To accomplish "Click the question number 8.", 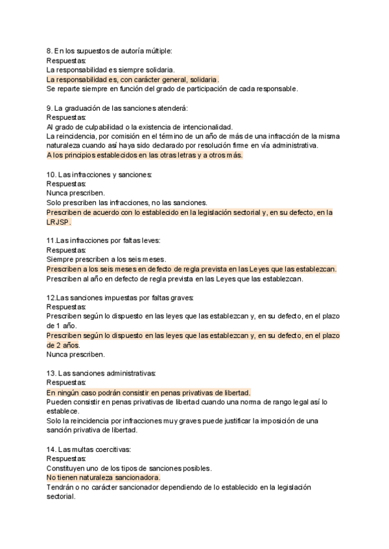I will (49, 50).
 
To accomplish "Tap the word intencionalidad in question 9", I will (202, 127).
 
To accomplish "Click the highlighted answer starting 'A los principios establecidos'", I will (145, 155).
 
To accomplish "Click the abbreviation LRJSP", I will (59, 221).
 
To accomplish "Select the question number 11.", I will (51, 240).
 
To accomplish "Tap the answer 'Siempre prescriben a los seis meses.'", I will (108, 259).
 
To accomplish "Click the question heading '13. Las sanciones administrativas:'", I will (100, 374).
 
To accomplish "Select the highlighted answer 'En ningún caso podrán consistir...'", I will (148, 392).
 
